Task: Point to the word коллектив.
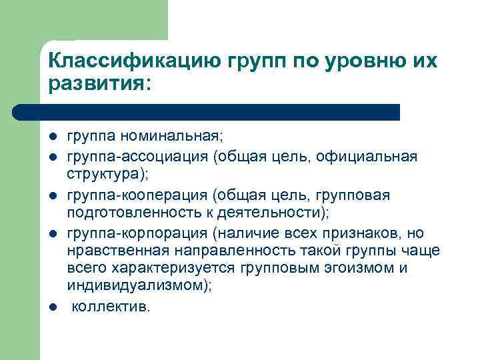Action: click(x=111, y=307)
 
